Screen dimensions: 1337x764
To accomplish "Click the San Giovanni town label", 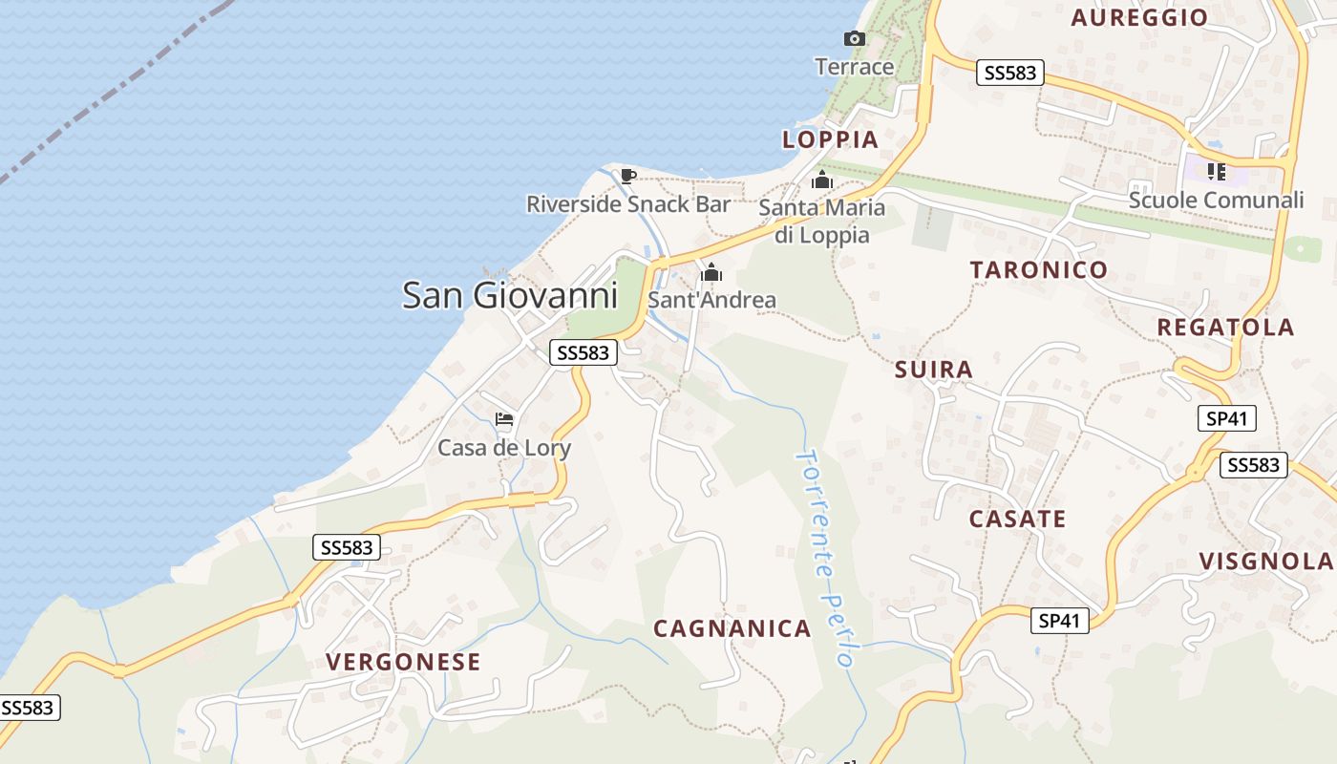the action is (x=510, y=295).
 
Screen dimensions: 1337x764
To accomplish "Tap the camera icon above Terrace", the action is (x=855, y=39).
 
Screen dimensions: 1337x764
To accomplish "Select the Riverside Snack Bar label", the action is (x=628, y=204).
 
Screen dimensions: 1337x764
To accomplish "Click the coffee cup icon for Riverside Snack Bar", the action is (x=627, y=176).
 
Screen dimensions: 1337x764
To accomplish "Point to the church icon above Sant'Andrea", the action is (x=711, y=274).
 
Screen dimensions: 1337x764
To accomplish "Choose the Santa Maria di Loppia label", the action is (x=821, y=221).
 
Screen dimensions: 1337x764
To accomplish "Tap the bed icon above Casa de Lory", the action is (x=504, y=419).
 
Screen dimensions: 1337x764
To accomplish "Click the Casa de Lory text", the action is (x=504, y=448).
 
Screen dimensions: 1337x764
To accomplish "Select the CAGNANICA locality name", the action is (x=732, y=628).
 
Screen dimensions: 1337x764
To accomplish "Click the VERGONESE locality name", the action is (x=403, y=662).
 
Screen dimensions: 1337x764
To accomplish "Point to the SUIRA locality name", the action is (x=934, y=370).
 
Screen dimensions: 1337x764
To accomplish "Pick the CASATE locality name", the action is (x=1017, y=520).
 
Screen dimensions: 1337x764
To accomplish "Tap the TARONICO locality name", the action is (x=1039, y=270).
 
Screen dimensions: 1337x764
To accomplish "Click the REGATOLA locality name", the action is (x=1225, y=328).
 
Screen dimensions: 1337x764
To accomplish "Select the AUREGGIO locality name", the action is (x=1139, y=17).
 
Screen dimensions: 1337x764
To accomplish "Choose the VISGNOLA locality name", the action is (x=1265, y=562).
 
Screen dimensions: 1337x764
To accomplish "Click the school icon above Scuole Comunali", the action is (x=1216, y=172).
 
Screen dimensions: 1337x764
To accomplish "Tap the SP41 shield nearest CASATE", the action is (x=1061, y=621).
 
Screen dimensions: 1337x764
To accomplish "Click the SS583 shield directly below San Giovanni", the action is (x=584, y=352).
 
